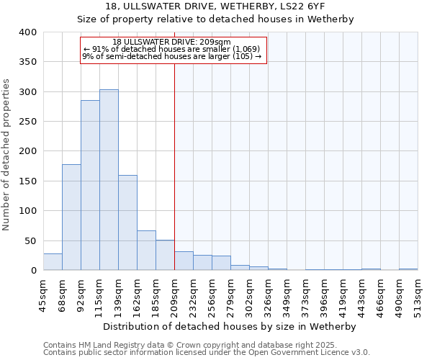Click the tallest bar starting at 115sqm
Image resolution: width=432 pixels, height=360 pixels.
pyautogui.click(x=109, y=180)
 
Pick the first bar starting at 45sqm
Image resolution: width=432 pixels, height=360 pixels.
pyautogui.click(x=53, y=262)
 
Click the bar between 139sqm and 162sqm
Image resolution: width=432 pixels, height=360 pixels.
pyautogui.click(x=127, y=222)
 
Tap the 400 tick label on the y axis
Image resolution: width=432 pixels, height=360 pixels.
pyautogui.click(x=28, y=32)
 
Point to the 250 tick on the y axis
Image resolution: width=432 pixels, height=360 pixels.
pyautogui.click(x=28, y=122)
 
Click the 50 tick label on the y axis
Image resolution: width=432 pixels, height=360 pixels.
pyautogui.click(x=31, y=240)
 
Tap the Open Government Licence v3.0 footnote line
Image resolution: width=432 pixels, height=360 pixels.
pyautogui.click(x=207, y=353)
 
